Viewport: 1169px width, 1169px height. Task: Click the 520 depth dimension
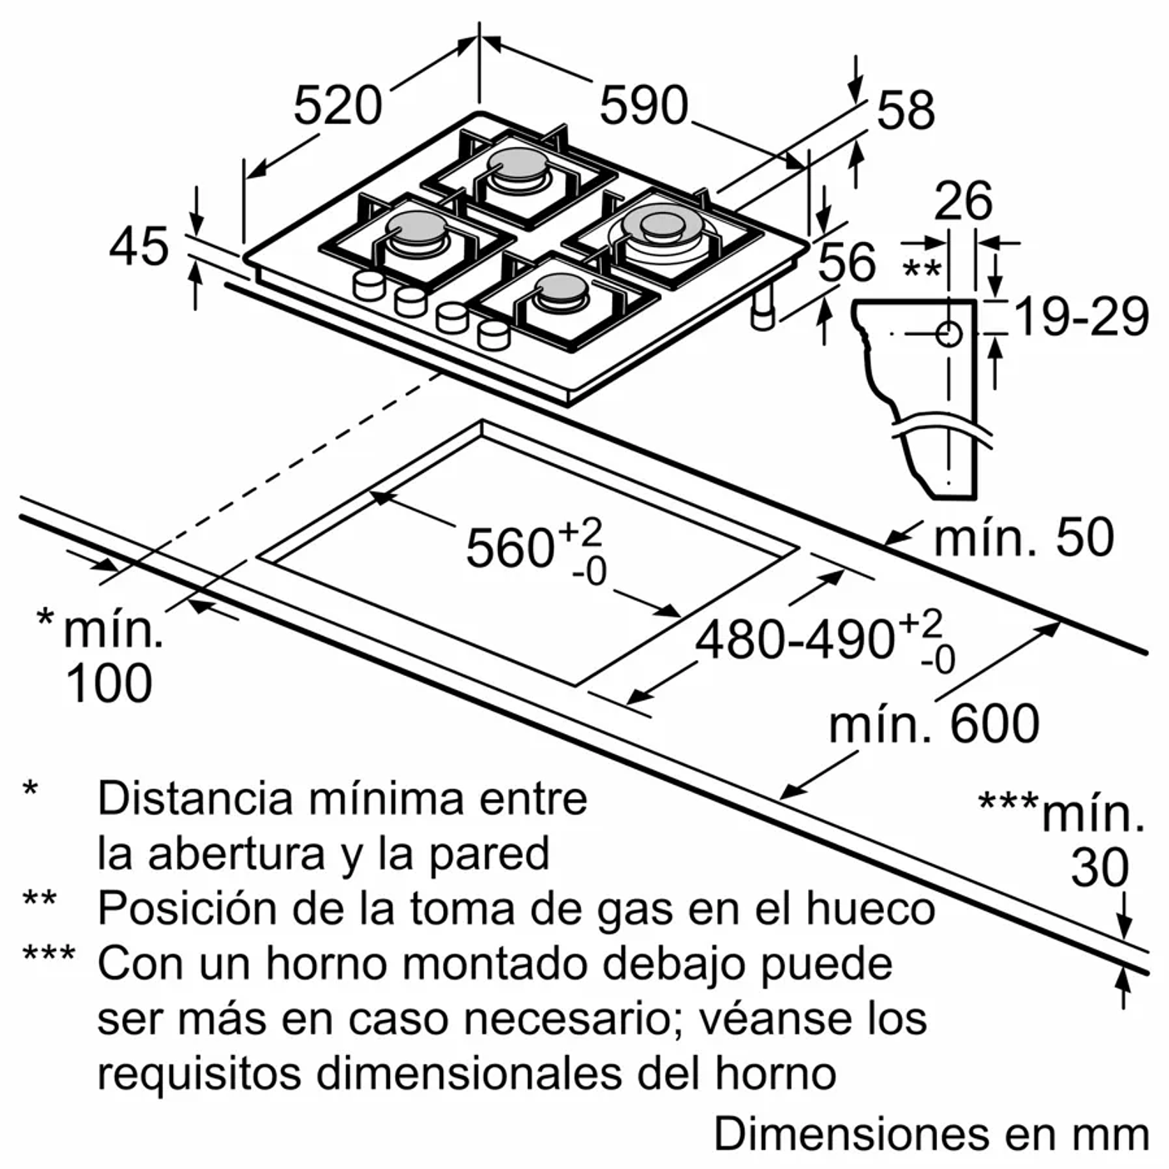pos(338,106)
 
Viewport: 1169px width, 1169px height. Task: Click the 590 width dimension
pos(644,106)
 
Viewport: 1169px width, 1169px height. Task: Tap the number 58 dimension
pos(905,111)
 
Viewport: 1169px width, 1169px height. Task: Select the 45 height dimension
pos(139,247)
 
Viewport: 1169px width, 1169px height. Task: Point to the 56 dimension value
pos(846,262)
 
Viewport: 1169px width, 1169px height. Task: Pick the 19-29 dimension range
pos(1082,317)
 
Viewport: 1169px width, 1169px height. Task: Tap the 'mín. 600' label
pos(934,724)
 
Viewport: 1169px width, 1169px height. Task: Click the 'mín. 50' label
pos(1023,538)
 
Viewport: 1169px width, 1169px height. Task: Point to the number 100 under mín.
pos(109,684)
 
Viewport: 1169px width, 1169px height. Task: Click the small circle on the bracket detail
pos(949,334)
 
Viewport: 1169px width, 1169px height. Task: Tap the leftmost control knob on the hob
pos(368,285)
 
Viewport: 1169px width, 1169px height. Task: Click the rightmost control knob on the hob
pos(493,334)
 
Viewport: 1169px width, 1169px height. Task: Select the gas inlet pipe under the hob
pos(762,312)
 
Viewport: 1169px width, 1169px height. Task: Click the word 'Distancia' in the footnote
pos(195,798)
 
